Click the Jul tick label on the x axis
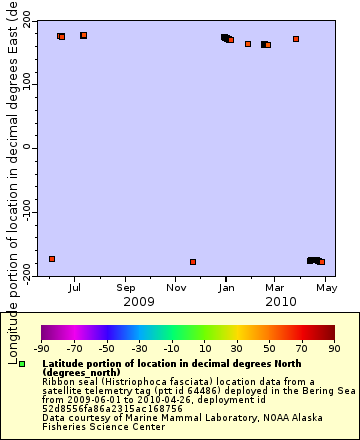coord(75,287)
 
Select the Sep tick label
coord(125,287)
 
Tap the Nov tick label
coord(176,287)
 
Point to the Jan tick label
coord(227,287)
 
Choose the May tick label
coord(326,287)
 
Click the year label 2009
coord(138,301)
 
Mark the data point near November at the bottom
coord(193,262)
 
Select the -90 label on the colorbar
coord(41,349)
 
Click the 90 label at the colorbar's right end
coord(334,349)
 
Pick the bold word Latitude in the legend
coord(65,363)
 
